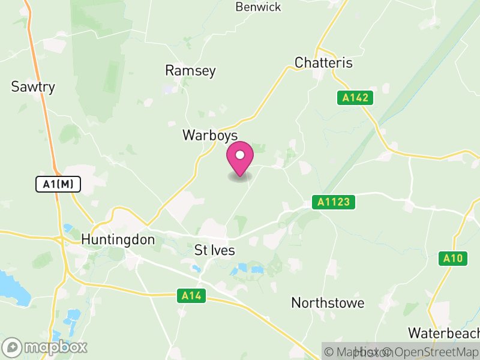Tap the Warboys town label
click(210, 136)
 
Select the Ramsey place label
click(190, 71)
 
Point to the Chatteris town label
click(323, 63)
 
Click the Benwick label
click(258, 7)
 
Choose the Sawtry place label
click(33, 87)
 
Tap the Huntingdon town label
click(118, 240)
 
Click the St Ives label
click(215, 250)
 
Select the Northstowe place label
click(328, 303)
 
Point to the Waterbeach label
click(443, 333)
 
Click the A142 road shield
click(355, 98)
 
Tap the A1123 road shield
click(334, 202)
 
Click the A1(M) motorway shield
click(58, 184)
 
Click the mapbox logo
click(46, 347)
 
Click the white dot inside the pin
click(240, 155)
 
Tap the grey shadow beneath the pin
click(240, 177)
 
